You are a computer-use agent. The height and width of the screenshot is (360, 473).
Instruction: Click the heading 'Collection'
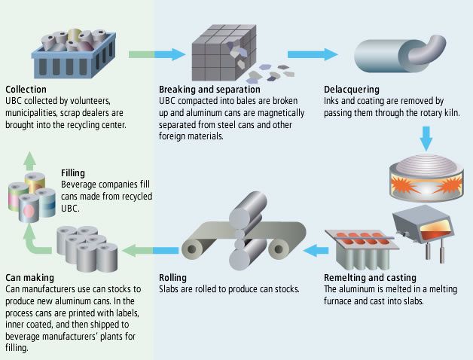26,89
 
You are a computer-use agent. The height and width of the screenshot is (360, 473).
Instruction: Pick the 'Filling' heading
73,172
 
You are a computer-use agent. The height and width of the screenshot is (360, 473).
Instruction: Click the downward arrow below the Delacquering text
426,137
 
